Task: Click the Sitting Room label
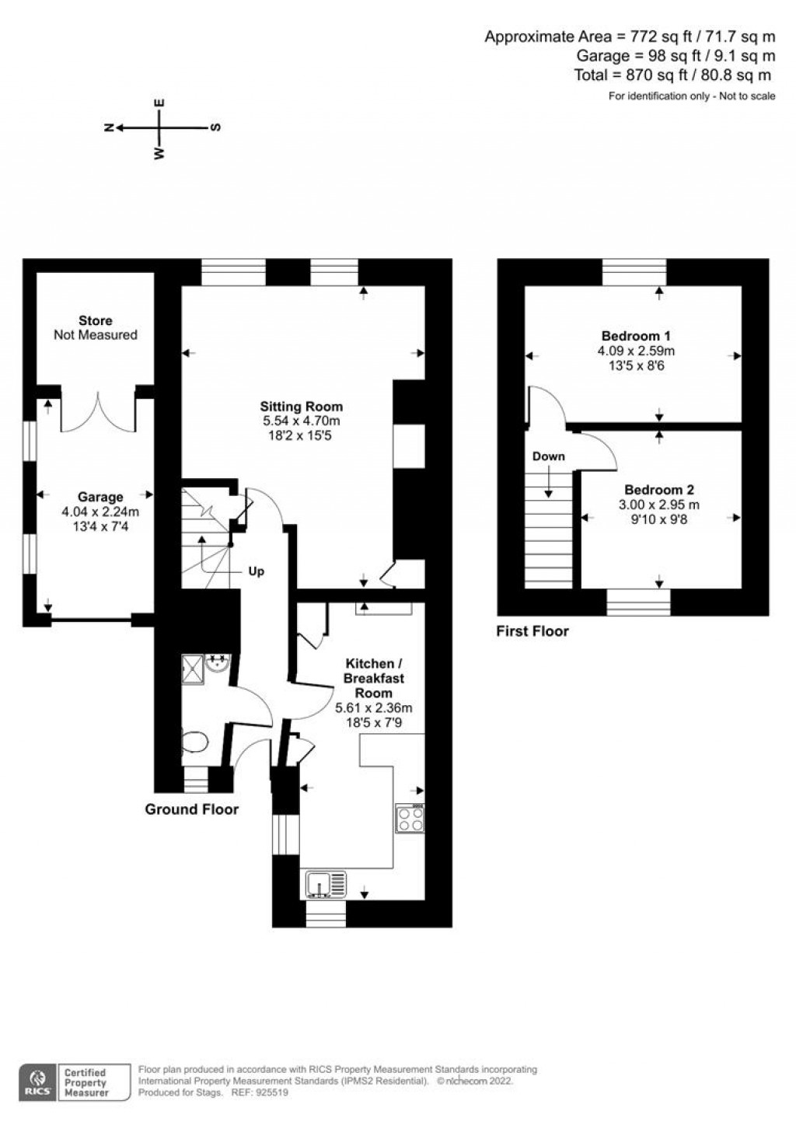point(302,407)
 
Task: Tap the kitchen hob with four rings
point(410,818)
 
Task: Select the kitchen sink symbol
point(326,885)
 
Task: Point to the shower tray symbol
point(193,669)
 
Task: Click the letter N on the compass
point(109,128)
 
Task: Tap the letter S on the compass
point(215,128)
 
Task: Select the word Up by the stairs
point(256,571)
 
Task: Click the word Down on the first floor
point(548,456)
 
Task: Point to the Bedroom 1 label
point(636,336)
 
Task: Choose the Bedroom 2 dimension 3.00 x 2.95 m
point(659,505)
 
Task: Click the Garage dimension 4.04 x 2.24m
point(100,512)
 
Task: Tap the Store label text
point(96,320)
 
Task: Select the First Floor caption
point(532,631)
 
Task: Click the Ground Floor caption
point(192,809)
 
